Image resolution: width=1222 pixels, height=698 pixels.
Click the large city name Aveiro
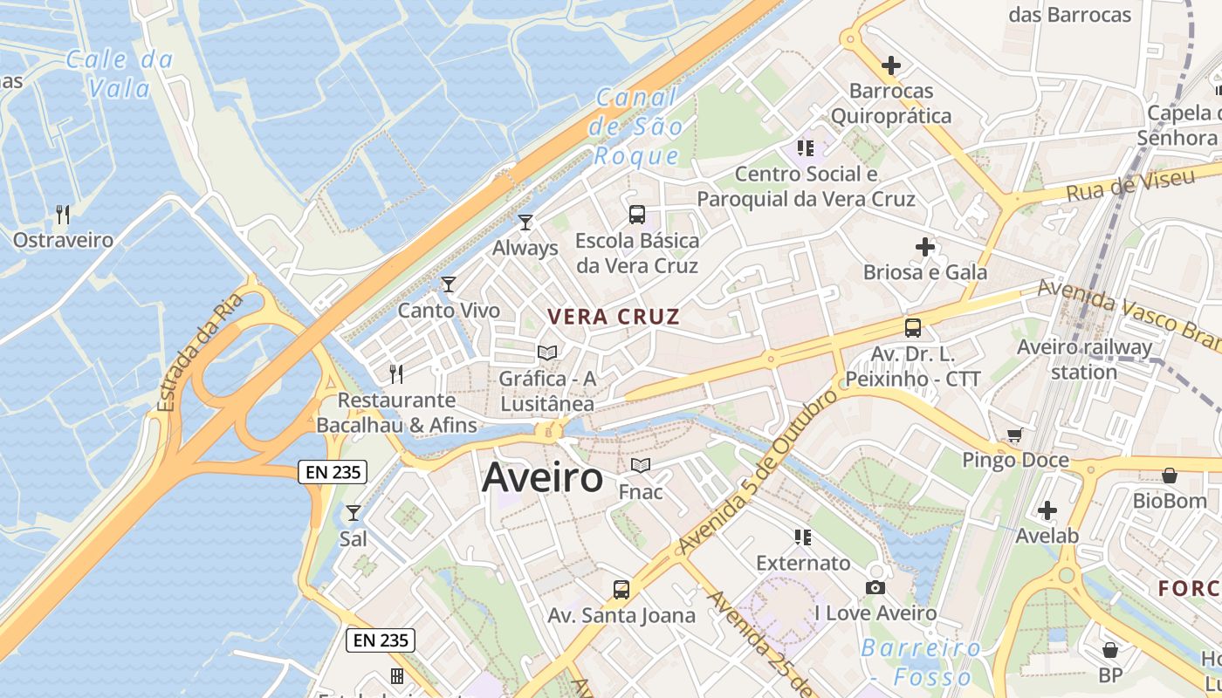tap(542, 478)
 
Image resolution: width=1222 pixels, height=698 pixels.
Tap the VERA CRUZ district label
tap(613, 317)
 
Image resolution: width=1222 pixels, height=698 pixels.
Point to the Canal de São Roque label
tap(636, 127)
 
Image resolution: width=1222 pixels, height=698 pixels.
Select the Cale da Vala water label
tap(120, 74)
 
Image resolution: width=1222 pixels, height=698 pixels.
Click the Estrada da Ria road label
tap(198, 353)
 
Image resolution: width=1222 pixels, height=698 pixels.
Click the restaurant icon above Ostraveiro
tap(63, 214)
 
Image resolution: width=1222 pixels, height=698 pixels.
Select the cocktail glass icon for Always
tap(525, 222)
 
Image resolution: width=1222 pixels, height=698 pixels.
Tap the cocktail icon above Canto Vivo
tap(449, 284)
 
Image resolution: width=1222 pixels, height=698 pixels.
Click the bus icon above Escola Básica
tap(637, 214)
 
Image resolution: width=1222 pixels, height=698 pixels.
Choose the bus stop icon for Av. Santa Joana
tap(621, 589)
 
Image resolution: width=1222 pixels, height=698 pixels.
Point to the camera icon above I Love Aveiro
tap(875, 587)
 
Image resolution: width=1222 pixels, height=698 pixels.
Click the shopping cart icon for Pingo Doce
tap(1014, 435)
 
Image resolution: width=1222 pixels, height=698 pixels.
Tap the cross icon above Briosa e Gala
tap(925, 247)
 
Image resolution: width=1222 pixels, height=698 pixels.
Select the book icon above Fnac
tap(641, 466)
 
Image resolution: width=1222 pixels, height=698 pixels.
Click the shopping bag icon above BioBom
tap(1170, 476)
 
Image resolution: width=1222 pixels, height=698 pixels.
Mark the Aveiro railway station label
tap(1084, 359)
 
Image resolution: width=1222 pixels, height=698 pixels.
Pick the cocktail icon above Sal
tap(354, 513)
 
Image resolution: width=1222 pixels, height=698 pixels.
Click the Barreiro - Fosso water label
tap(922, 662)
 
